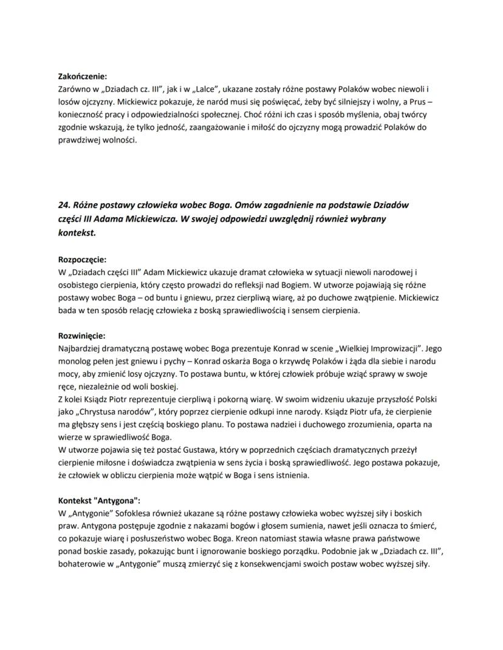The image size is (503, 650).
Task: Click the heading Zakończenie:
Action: click(x=82, y=76)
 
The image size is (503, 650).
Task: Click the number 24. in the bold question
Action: click(x=65, y=205)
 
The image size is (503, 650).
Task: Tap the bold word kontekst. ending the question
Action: click(x=77, y=232)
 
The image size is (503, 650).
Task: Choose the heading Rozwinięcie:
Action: click(x=81, y=335)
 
